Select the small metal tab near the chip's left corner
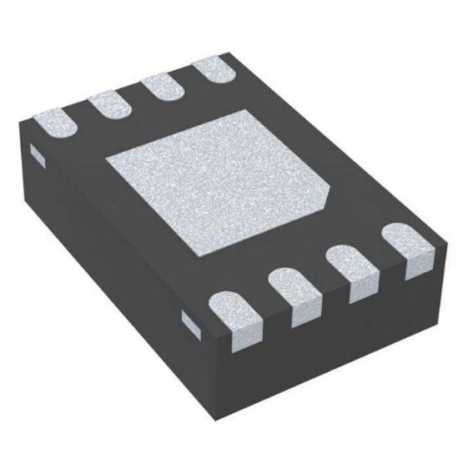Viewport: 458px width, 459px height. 35,151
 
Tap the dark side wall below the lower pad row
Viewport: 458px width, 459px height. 334,334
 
